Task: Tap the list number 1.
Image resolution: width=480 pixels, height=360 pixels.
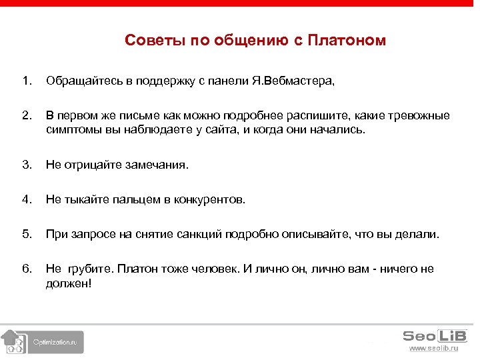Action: coord(26,81)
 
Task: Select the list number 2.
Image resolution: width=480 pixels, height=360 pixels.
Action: coord(26,116)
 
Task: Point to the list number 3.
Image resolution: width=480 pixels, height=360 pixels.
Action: coord(26,164)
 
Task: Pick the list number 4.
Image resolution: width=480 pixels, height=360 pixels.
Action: coord(26,199)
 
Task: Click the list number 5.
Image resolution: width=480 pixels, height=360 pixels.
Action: coord(26,234)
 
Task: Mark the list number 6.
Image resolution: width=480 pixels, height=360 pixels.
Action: coord(26,269)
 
